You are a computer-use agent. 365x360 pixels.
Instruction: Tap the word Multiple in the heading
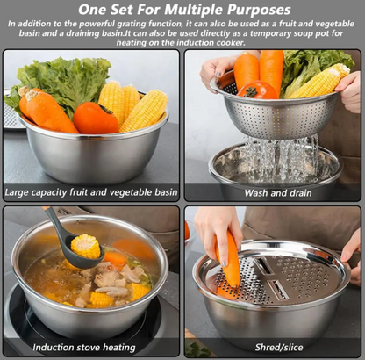(x=195, y=10)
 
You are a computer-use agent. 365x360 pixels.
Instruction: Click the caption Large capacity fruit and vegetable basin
(x=91, y=192)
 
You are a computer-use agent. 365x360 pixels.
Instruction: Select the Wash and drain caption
(x=278, y=193)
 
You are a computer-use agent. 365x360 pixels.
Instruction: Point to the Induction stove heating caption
(x=84, y=348)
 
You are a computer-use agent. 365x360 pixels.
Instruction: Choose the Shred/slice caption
(x=279, y=348)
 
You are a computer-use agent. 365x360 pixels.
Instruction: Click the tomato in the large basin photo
(x=96, y=118)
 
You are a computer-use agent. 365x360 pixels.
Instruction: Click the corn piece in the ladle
(x=86, y=246)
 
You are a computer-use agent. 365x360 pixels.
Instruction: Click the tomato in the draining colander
(x=257, y=90)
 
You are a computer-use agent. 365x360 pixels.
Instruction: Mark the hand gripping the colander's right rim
(x=349, y=91)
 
